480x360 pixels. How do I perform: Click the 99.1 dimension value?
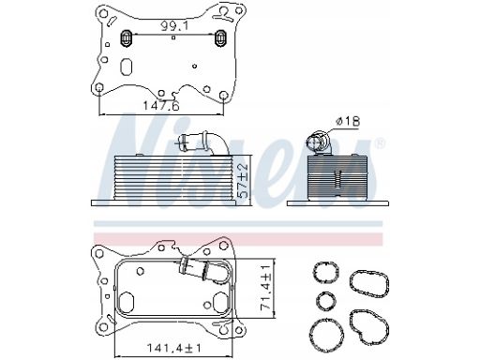pyautogui.click(x=174, y=26)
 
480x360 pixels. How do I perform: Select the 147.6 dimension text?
pyautogui.click(x=161, y=106)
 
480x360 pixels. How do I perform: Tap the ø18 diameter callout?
pyautogui.click(x=348, y=121)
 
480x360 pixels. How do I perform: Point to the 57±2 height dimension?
pyautogui.click(x=243, y=180)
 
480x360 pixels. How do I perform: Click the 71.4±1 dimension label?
pyautogui.click(x=265, y=288)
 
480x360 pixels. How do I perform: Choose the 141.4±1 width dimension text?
pyautogui.click(x=174, y=348)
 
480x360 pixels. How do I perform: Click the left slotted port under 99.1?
pyautogui.click(x=127, y=38)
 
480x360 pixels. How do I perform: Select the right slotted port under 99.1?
pyautogui.click(x=221, y=38)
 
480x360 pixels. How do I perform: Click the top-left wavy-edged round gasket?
pyautogui.click(x=325, y=272)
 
